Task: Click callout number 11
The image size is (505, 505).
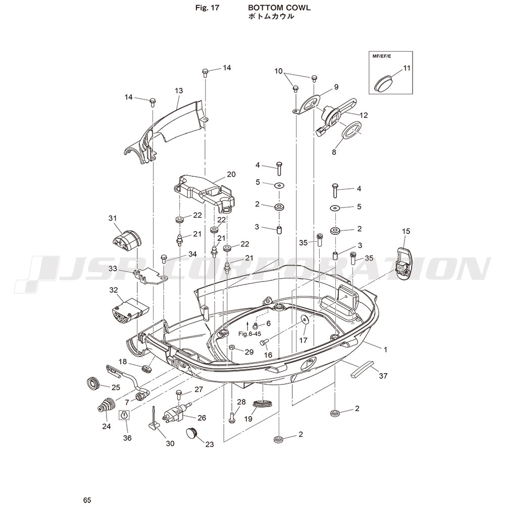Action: click(407, 68)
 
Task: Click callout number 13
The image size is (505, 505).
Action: click(178, 91)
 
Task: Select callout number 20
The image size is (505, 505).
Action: click(231, 174)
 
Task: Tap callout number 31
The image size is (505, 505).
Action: click(112, 218)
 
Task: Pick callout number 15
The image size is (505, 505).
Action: click(406, 231)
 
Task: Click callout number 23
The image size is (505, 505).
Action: click(209, 444)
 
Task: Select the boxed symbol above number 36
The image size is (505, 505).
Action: click(125, 416)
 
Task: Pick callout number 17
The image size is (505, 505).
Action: click(303, 340)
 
